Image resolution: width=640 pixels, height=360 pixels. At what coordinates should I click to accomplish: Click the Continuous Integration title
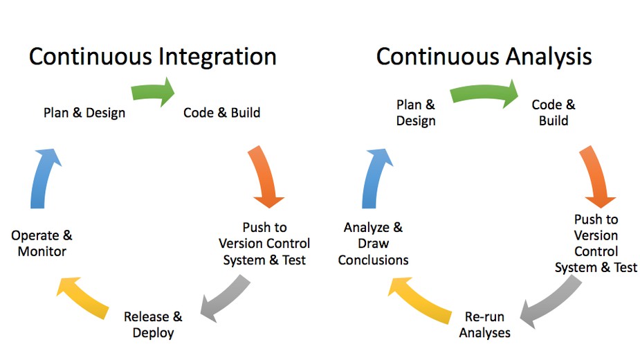tap(153, 57)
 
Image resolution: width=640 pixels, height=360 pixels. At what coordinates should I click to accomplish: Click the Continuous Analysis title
tap(484, 57)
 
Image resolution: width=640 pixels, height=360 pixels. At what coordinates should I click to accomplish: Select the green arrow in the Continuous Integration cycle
tap(152, 91)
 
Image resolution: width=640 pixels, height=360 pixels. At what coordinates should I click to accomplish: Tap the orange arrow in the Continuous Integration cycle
tap(266, 177)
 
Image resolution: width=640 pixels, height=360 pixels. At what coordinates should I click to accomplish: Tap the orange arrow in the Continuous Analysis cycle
tap(597, 177)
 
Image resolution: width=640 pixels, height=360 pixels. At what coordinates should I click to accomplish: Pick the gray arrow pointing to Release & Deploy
tap(226, 298)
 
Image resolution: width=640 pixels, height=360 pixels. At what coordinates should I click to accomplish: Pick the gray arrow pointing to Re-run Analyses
tap(551, 303)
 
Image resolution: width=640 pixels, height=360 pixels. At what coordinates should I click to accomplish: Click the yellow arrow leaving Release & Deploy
tap(83, 298)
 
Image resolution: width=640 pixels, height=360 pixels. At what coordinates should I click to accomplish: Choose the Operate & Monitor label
tap(42, 243)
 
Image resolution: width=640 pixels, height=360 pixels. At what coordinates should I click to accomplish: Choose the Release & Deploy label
tap(153, 325)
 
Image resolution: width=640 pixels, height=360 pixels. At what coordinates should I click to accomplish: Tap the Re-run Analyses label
tap(484, 325)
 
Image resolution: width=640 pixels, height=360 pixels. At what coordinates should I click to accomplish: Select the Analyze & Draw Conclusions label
tap(373, 244)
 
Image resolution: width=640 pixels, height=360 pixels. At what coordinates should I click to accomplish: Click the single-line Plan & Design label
tap(84, 113)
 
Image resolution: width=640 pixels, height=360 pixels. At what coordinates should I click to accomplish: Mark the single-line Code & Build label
tap(221, 112)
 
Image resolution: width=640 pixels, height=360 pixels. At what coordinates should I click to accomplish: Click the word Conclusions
tap(373, 260)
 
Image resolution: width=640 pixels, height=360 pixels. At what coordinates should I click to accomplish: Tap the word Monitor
tap(42, 251)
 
